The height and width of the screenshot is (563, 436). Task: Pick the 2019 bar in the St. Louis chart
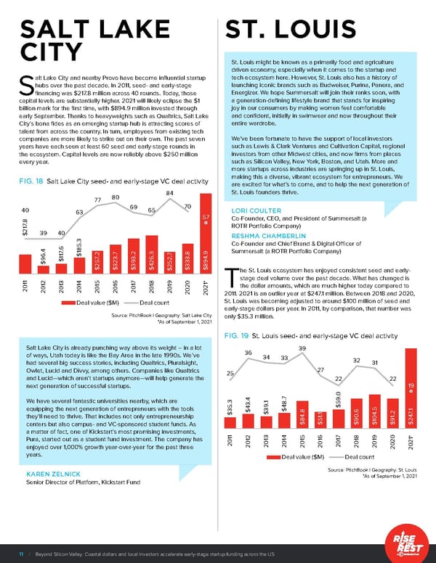375,411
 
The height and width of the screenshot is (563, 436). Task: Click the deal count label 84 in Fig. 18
169,192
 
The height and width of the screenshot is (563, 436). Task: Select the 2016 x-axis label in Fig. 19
320,438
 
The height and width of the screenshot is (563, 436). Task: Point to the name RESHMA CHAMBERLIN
272,237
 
